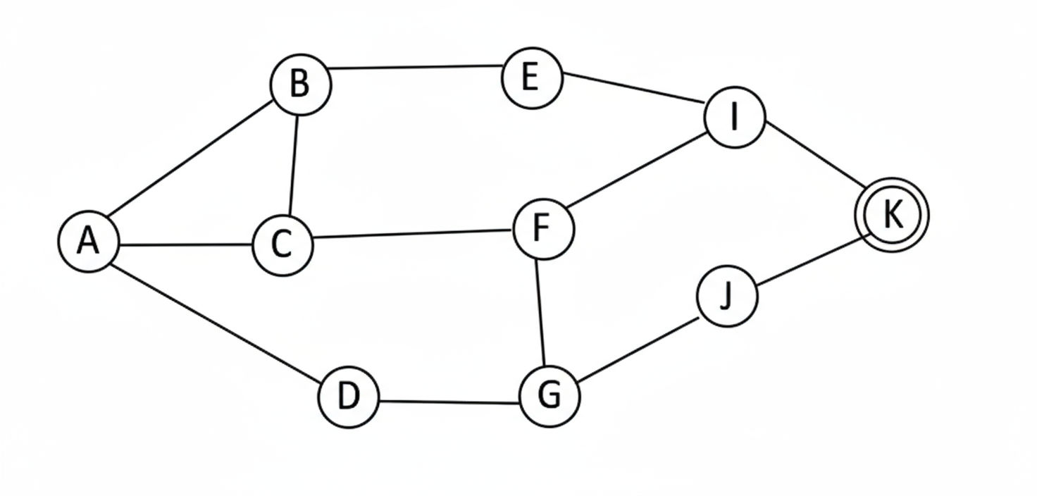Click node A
click(x=88, y=242)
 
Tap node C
click(x=282, y=245)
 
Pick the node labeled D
click(x=348, y=398)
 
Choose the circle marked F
click(x=543, y=229)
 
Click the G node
click(x=549, y=396)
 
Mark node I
click(x=735, y=118)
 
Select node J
click(x=727, y=297)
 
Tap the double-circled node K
click(x=892, y=215)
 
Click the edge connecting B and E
click(x=416, y=68)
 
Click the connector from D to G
click(x=449, y=402)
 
